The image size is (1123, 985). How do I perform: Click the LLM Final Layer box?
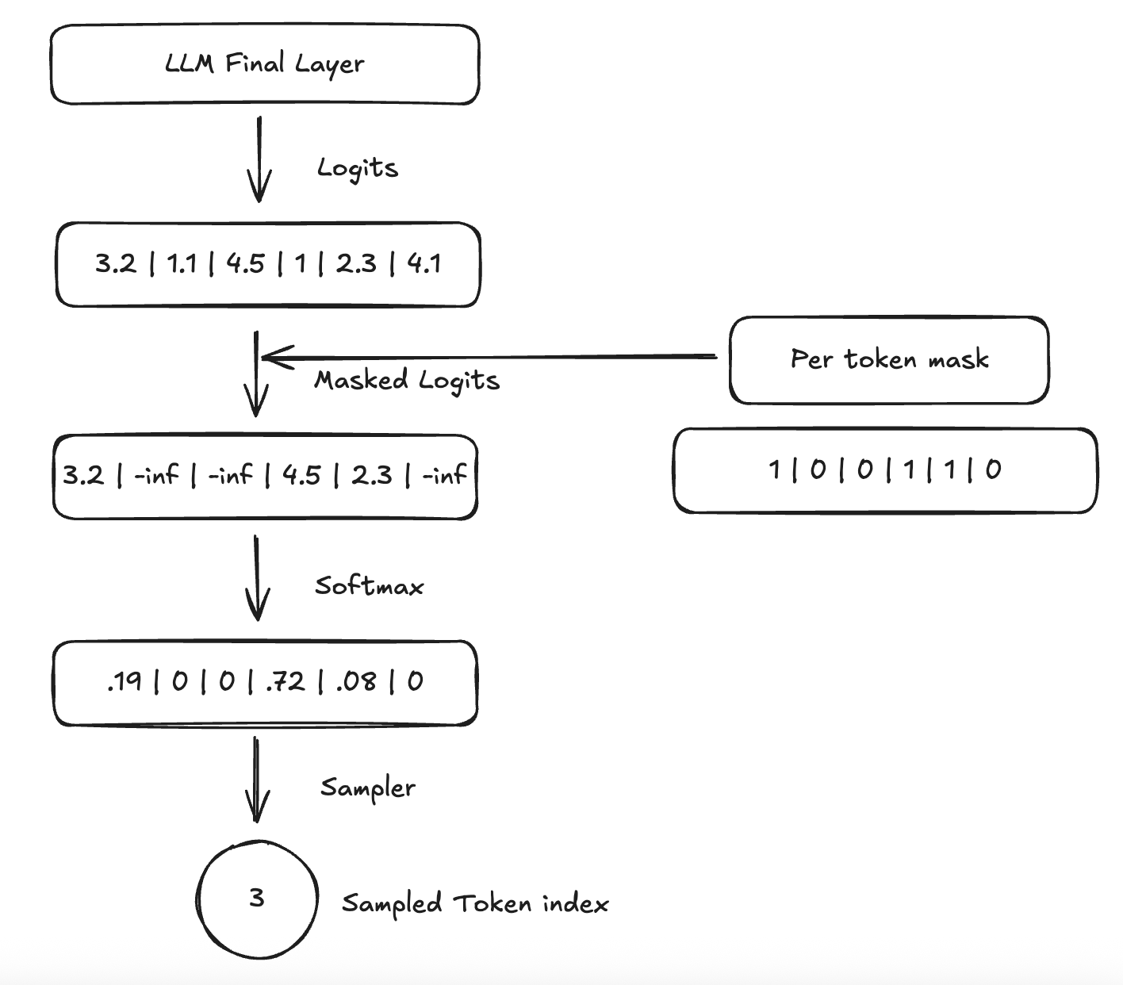[264, 63]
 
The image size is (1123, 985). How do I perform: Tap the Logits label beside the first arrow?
[357, 168]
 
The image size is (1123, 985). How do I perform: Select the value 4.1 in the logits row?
[424, 263]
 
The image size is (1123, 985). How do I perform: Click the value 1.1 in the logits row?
[182, 263]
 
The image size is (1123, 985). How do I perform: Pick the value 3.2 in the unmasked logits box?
[116, 263]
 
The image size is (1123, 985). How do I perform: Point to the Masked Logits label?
[407, 381]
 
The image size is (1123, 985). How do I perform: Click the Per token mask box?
[889, 359]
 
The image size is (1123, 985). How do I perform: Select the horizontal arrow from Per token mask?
[492, 357]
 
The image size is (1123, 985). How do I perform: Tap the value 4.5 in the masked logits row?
[301, 476]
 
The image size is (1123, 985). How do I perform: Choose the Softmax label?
[369, 586]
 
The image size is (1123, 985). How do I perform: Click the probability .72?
[286, 681]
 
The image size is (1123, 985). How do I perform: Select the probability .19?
[125, 681]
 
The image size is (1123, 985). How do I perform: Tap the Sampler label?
[368, 788]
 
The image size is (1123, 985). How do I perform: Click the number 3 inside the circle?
[256, 898]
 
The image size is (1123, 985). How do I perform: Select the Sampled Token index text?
[475, 903]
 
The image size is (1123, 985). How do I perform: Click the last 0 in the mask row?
[994, 470]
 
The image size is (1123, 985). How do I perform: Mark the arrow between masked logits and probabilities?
[257, 577]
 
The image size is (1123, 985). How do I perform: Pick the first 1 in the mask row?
[775, 470]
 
